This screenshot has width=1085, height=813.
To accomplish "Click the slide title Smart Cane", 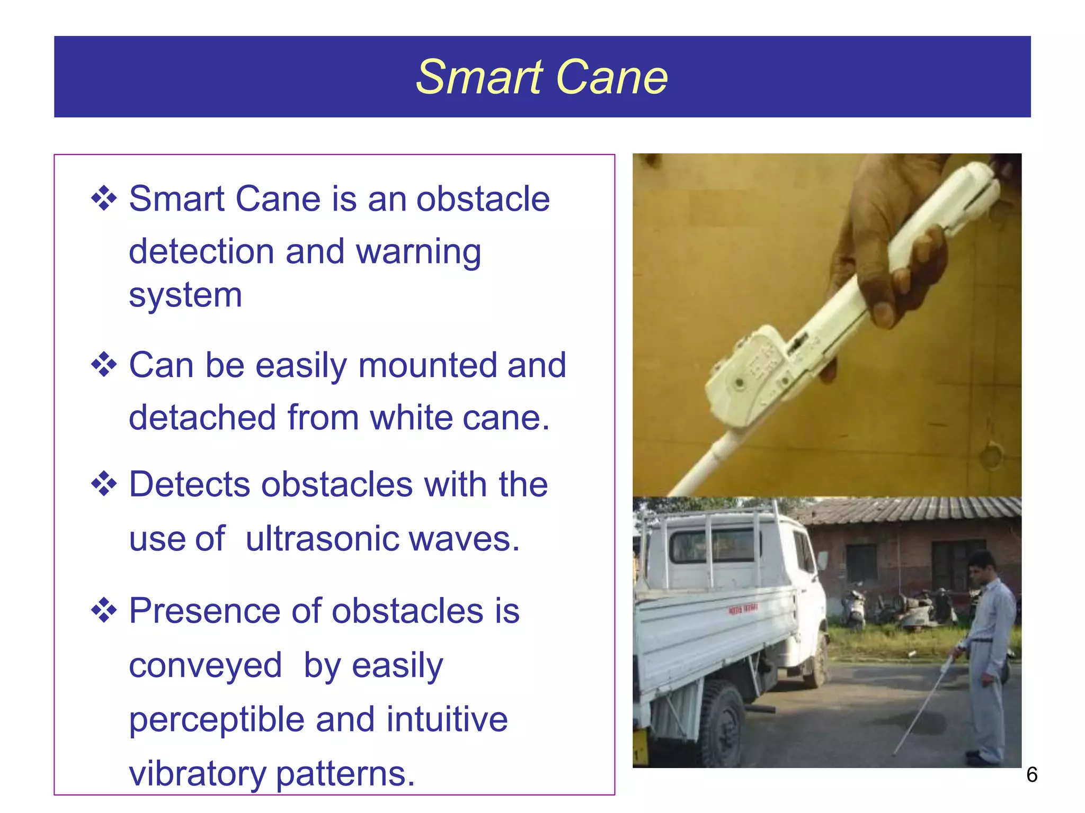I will pos(541,77).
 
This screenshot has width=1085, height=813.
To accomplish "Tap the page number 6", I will pos(1031,775).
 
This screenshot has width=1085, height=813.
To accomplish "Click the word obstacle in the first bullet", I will pos(483,199).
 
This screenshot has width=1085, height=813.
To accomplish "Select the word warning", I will pos(418,252).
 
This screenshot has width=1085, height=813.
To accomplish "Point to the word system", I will pos(185,295).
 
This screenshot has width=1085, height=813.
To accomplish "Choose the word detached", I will pos(202,418).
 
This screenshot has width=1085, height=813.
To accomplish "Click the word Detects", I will pos(189,484).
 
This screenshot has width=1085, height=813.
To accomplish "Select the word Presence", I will pos(204,611).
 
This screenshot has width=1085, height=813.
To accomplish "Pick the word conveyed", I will pos(205,666).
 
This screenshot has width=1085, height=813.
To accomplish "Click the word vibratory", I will pos(197,773).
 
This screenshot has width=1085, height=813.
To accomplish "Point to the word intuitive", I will pos(447,719).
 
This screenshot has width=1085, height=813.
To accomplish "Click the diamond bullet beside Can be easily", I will pos(104,365).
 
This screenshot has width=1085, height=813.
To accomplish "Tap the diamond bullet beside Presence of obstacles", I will pos(104,610).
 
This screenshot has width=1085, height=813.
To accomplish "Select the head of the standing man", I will pos(980,569).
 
